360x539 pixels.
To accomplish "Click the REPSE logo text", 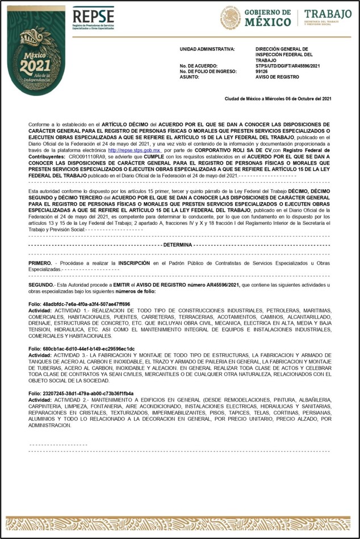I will tap(93, 15).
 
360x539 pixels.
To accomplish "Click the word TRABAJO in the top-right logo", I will tap(328, 14).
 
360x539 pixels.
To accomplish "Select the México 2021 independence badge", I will tap(36, 58).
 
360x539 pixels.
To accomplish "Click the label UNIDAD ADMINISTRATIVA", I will tap(207, 49).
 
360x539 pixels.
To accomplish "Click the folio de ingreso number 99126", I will tap(262, 71).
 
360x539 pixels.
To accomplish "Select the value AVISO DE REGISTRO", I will tap(277, 77).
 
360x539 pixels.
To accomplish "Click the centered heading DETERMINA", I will tap(178, 244).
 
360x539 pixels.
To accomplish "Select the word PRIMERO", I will tap(40, 264).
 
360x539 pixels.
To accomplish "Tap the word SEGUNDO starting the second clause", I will tap(41, 283).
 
